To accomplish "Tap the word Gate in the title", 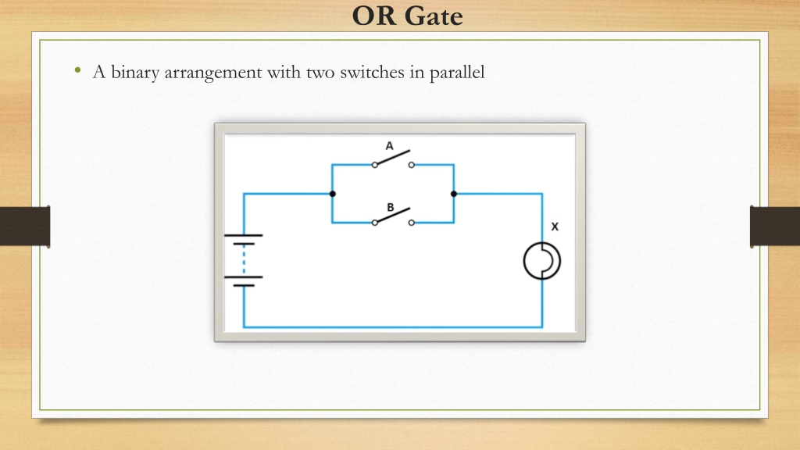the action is coord(434,16).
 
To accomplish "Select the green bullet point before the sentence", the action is coord(77,70).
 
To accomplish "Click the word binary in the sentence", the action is coord(135,73).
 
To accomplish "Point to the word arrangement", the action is coord(213,73).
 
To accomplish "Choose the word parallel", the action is coord(457,73).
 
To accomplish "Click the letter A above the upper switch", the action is coord(389,146).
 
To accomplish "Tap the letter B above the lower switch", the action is coord(391,207).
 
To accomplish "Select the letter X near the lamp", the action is coord(555,227).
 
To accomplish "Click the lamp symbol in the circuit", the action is coord(542,261).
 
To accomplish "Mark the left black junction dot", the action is coord(333,194).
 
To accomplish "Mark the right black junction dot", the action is coord(454,194).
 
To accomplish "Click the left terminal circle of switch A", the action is coord(375,165).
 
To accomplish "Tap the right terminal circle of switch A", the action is coord(411,165).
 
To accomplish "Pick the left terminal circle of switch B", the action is coord(375,223).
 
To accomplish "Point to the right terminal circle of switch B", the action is coord(411,223).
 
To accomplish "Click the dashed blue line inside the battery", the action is coord(244,260).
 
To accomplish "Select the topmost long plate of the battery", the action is coord(244,235).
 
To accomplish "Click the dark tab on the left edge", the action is coord(25,227).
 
